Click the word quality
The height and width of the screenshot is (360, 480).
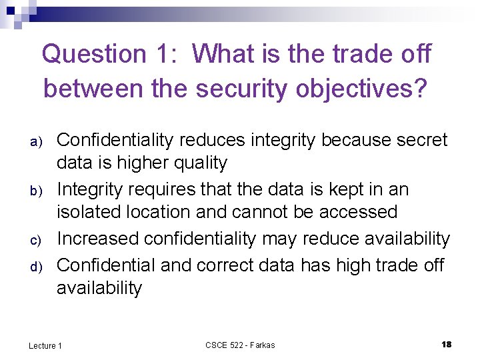point(198,163)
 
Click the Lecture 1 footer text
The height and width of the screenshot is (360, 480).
point(45,345)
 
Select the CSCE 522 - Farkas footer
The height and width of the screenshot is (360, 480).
point(240,345)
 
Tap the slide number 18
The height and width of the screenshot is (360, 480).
point(447,344)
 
